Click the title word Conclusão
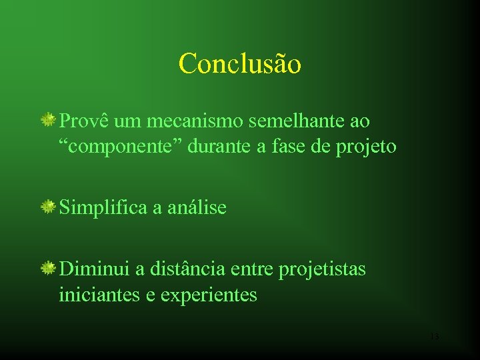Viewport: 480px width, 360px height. point(240,64)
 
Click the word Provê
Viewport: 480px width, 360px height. point(84,121)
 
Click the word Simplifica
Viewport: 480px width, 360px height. point(103,208)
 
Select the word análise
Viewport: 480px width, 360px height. point(196,208)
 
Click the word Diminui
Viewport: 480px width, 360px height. point(94,269)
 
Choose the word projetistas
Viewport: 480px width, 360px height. point(322,270)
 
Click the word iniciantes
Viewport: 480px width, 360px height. point(99,294)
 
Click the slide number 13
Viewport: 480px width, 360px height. point(434,337)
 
